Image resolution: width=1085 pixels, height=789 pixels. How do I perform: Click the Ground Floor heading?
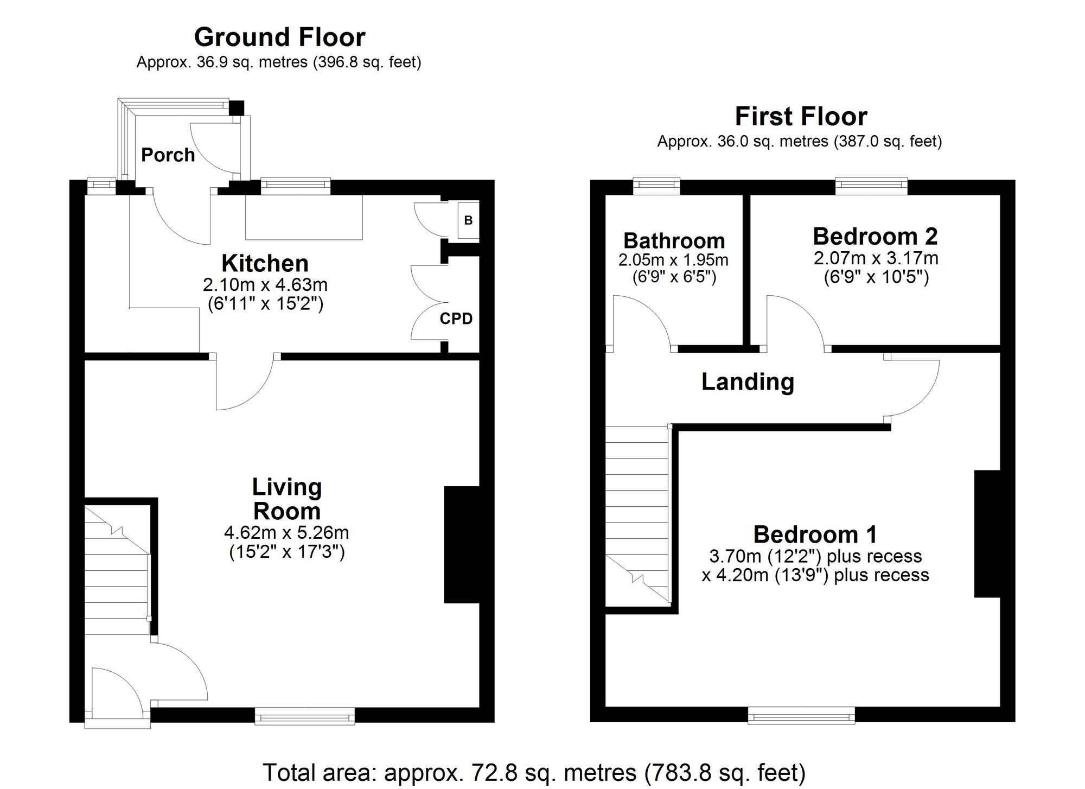pos(279,37)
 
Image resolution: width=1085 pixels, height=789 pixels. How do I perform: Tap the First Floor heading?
pos(801,117)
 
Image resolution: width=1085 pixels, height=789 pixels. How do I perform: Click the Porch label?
pos(168,155)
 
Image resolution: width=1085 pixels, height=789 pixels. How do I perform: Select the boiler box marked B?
pos(468,220)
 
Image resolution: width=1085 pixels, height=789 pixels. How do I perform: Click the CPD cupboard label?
pos(456,319)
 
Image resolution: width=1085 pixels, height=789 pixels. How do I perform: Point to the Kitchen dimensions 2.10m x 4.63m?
pos(265,284)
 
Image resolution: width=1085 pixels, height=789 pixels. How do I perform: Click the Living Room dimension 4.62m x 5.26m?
pos(286,532)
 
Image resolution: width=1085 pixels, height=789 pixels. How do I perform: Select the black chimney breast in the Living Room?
pos(461,544)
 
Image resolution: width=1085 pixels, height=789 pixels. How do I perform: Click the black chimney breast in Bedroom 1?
pos(987,534)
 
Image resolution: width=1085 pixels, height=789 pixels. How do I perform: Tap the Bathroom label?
pos(674,240)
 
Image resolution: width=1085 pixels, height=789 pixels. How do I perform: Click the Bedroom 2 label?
pos(875,237)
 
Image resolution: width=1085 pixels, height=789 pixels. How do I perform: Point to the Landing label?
pos(748,382)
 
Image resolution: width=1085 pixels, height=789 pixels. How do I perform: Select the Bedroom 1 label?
pos(815,535)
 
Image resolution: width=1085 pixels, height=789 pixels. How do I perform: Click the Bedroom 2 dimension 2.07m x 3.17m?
pos(876,258)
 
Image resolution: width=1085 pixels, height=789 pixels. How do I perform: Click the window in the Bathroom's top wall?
pos(657,186)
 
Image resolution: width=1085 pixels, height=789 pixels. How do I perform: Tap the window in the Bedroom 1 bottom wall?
pos(801,716)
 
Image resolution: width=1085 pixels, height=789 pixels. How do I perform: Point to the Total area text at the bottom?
pos(534,772)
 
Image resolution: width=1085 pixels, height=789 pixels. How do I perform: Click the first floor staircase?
pos(637,516)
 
